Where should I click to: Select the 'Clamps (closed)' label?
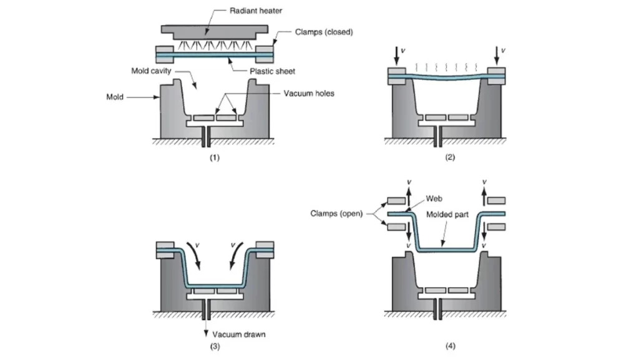[x=324, y=32]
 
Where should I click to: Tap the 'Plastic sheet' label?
[x=272, y=71]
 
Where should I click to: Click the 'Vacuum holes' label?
[x=309, y=93]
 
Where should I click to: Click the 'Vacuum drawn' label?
[x=239, y=334]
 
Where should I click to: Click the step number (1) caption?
[x=215, y=158]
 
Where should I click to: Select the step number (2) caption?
[x=450, y=158]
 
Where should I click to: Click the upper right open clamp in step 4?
[x=497, y=200]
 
